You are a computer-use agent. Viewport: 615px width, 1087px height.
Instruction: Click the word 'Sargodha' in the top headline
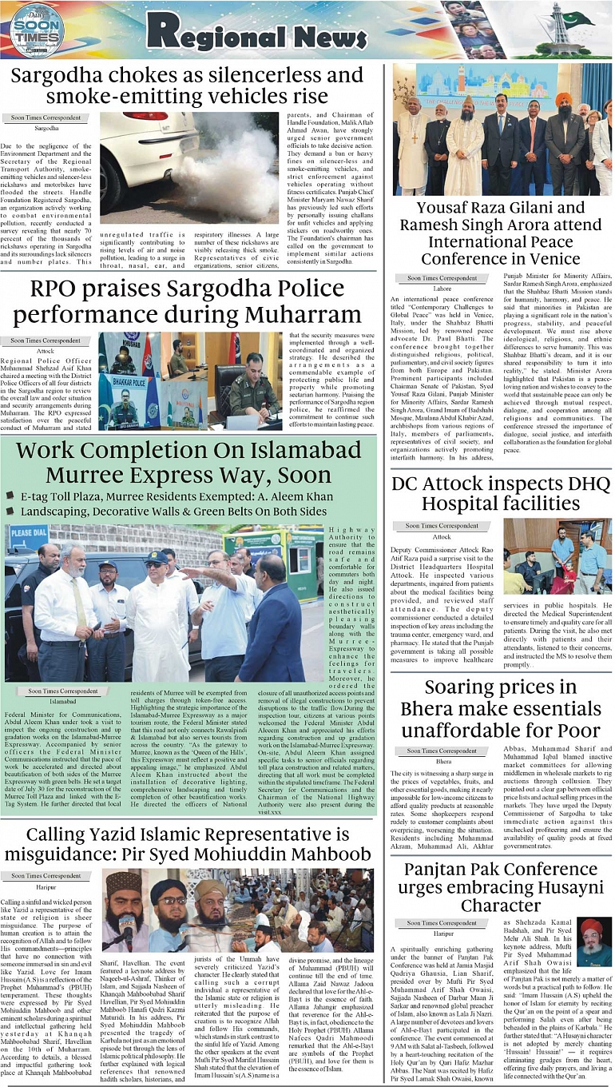coord(62,77)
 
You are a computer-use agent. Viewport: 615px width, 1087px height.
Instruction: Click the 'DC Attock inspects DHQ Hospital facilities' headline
coord(501,493)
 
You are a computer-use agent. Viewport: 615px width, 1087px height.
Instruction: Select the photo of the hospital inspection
coord(557,556)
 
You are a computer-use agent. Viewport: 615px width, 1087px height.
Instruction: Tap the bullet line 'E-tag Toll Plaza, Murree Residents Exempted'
coord(174,497)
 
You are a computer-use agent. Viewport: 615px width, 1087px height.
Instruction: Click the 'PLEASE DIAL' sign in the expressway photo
coord(29,532)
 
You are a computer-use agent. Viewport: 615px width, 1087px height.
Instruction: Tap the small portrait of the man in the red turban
coord(593,942)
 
